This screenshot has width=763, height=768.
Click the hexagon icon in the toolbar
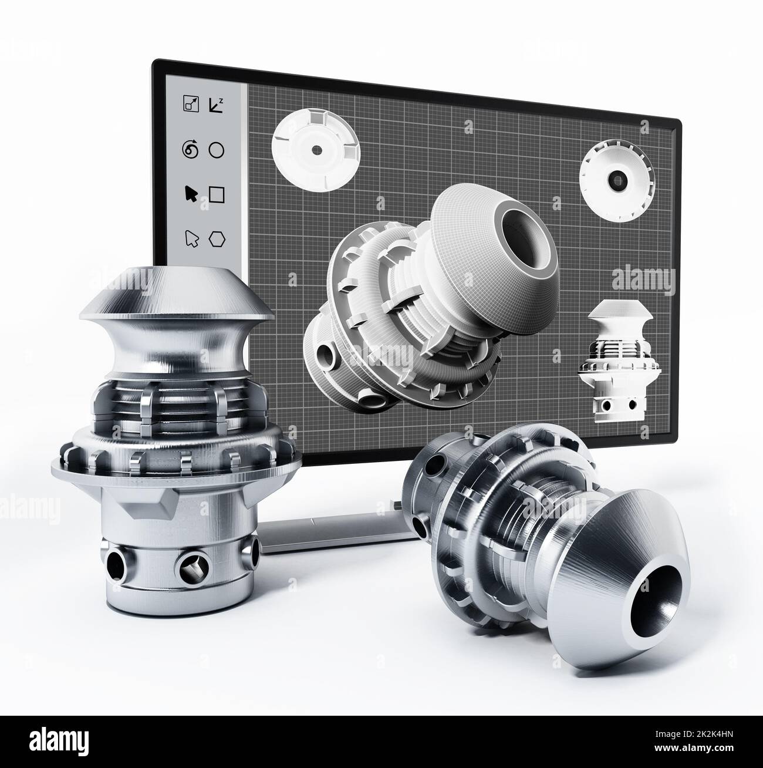point(218,238)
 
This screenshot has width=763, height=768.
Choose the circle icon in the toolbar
point(217,150)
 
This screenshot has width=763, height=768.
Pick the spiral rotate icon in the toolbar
point(190,150)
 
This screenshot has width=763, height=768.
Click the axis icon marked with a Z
point(216,105)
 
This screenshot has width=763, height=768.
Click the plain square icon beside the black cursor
point(217,194)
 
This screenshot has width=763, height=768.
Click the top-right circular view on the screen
point(616,180)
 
